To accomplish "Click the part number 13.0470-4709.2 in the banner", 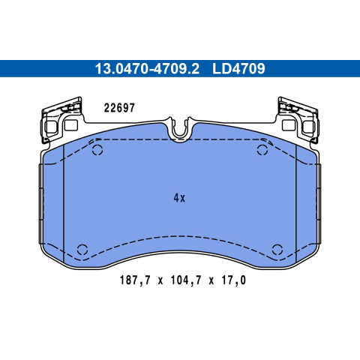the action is (x=147, y=68).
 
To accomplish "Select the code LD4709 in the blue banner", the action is (x=238, y=68).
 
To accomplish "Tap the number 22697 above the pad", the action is (x=119, y=108).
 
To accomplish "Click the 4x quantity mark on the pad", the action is (x=179, y=198).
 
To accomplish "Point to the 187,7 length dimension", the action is (x=136, y=280).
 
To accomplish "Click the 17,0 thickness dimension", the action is (x=234, y=280).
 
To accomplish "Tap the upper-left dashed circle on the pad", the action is (x=97, y=150).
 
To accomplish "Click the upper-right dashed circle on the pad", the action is (x=262, y=150).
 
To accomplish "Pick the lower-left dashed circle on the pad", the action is (x=82, y=250).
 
